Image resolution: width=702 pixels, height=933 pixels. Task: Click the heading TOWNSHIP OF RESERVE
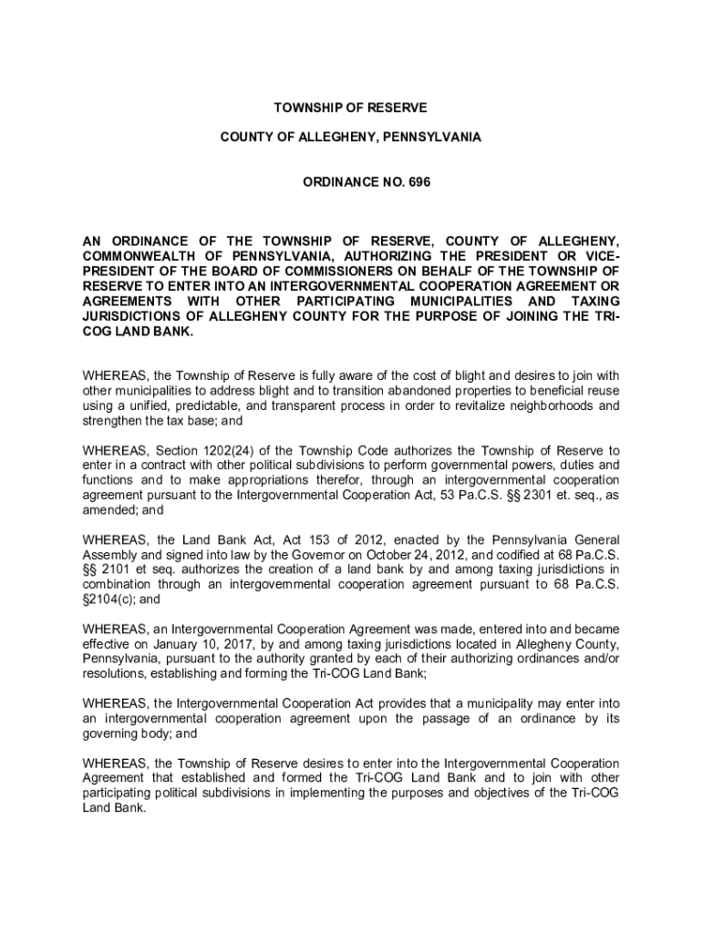tap(351, 108)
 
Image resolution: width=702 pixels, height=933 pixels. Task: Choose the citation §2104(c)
tap(108, 600)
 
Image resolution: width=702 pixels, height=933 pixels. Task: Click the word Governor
tap(322, 555)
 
